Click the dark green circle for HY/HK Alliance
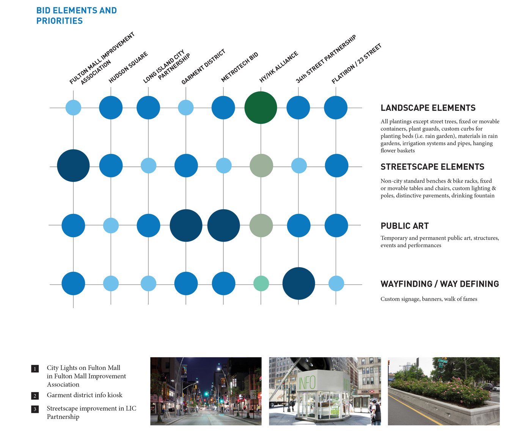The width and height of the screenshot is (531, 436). [x=261, y=108]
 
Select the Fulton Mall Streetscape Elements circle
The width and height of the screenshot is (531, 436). [x=73, y=166]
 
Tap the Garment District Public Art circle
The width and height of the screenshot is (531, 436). [x=186, y=226]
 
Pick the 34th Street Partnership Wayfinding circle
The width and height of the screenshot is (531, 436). [x=298, y=284]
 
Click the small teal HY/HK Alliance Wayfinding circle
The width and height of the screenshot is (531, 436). [x=261, y=284]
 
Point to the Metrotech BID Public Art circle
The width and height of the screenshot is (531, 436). [x=223, y=226]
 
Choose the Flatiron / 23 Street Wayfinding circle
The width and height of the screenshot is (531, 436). [x=336, y=284]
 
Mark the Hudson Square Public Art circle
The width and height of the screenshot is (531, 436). [x=111, y=226]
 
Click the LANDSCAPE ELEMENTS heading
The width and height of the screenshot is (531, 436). [x=428, y=108]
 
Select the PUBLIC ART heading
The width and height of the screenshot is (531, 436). [x=405, y=226]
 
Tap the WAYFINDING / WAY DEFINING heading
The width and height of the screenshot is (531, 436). [x=440, y=284]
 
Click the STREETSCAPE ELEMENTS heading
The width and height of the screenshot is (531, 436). [x=432, y=167]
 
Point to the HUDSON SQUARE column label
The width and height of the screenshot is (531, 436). [x=128, y=67]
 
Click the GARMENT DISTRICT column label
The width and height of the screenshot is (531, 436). [x=203, y=67]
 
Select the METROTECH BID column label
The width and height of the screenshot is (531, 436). [x=240, y=67]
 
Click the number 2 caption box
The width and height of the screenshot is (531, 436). [x=35, y=396]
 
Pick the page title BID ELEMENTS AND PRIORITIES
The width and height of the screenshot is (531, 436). [x=76, y=16]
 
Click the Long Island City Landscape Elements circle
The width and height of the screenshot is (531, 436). [x=148, y=108]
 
